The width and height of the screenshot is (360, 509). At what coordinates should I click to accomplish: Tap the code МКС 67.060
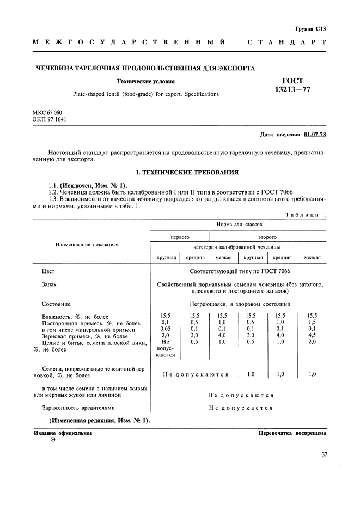47,112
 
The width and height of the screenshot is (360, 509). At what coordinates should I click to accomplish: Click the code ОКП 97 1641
50,119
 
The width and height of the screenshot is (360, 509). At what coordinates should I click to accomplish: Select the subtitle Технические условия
145,82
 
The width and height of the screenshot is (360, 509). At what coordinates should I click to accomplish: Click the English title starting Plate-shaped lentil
156,94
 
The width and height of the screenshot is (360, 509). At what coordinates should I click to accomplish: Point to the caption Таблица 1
306,215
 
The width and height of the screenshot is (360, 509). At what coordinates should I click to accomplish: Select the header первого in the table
180,237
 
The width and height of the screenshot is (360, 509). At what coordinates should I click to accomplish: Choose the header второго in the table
267,237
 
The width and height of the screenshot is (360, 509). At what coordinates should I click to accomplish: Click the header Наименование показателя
87,245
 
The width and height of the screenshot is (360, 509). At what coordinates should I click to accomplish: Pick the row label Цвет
48,271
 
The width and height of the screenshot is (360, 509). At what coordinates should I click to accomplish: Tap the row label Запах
49,284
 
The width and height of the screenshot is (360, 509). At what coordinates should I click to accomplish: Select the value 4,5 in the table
312,336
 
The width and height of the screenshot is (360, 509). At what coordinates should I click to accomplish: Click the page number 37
324,454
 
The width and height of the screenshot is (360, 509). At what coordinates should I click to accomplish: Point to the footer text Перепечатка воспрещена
292,433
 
